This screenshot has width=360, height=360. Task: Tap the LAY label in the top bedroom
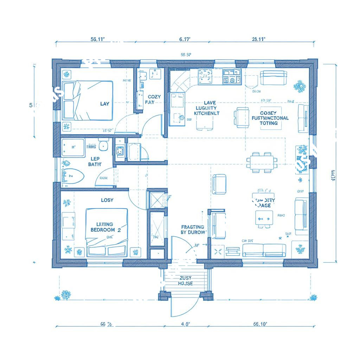coord(105,104)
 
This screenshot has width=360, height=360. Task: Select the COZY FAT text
coord(154,99)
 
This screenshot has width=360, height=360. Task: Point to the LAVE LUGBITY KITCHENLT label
coord(207,108)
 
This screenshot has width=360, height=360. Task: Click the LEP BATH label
coord(94,161)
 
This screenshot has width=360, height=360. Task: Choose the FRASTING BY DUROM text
coord(193,230)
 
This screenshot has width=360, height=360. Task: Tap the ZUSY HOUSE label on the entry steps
coord(185,281)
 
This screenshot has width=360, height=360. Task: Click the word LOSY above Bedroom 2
coord(107,200)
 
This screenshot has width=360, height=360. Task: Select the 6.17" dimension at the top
coord(185,39)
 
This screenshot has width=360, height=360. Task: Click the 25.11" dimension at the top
coord(258,39)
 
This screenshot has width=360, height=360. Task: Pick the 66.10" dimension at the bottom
coord(260,324)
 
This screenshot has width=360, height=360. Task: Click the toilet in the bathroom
coord(73,176)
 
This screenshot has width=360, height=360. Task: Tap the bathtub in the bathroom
coord(73,148)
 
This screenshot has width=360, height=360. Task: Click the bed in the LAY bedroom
coord(89,101)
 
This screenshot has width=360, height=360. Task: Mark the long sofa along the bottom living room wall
coord(264,250)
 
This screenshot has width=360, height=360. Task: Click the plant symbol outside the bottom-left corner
coord(65,295)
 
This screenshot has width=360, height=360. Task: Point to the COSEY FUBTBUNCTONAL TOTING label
coord(270,118)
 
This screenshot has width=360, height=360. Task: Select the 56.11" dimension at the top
coord(98,39)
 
